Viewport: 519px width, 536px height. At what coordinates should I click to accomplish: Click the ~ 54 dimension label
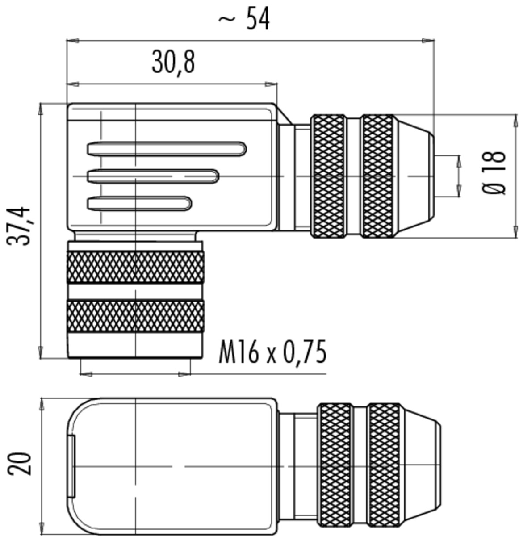[x=244, y=19]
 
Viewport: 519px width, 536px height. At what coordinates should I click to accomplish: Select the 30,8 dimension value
[x=173, y=63]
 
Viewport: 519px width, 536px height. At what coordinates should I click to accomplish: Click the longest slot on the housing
[x=167, y=149]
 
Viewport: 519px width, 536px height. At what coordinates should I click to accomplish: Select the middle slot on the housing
[x=153, y=176]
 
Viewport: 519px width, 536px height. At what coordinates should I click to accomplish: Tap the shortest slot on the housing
[x=140, y=203]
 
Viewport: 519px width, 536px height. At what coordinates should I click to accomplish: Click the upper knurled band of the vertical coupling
[x=135, y=267]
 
